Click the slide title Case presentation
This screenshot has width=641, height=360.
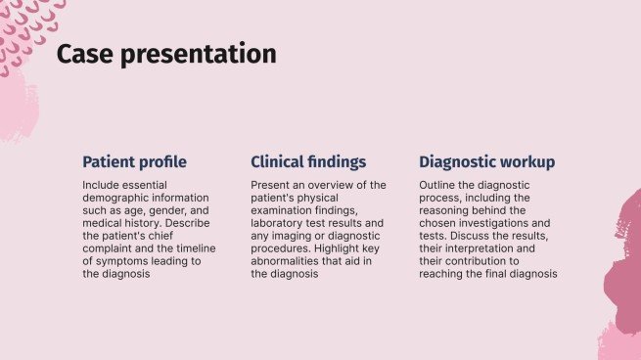[x=166, y=55]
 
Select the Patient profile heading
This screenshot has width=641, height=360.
[x=134, y=161]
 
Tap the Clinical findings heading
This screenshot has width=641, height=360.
[x=308, y=161]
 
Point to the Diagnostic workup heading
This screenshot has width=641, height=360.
[x=487, y=161]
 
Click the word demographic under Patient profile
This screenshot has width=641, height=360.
[x=117, y=198]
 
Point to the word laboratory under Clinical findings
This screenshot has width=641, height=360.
[x=282, y=223]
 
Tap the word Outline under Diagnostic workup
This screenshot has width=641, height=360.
[x=439, y=185]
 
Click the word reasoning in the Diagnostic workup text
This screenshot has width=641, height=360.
[x=446, y=210]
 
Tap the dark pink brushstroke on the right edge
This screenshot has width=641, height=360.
[x=626, y=264]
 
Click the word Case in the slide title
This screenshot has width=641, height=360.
[x=81, y=55]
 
